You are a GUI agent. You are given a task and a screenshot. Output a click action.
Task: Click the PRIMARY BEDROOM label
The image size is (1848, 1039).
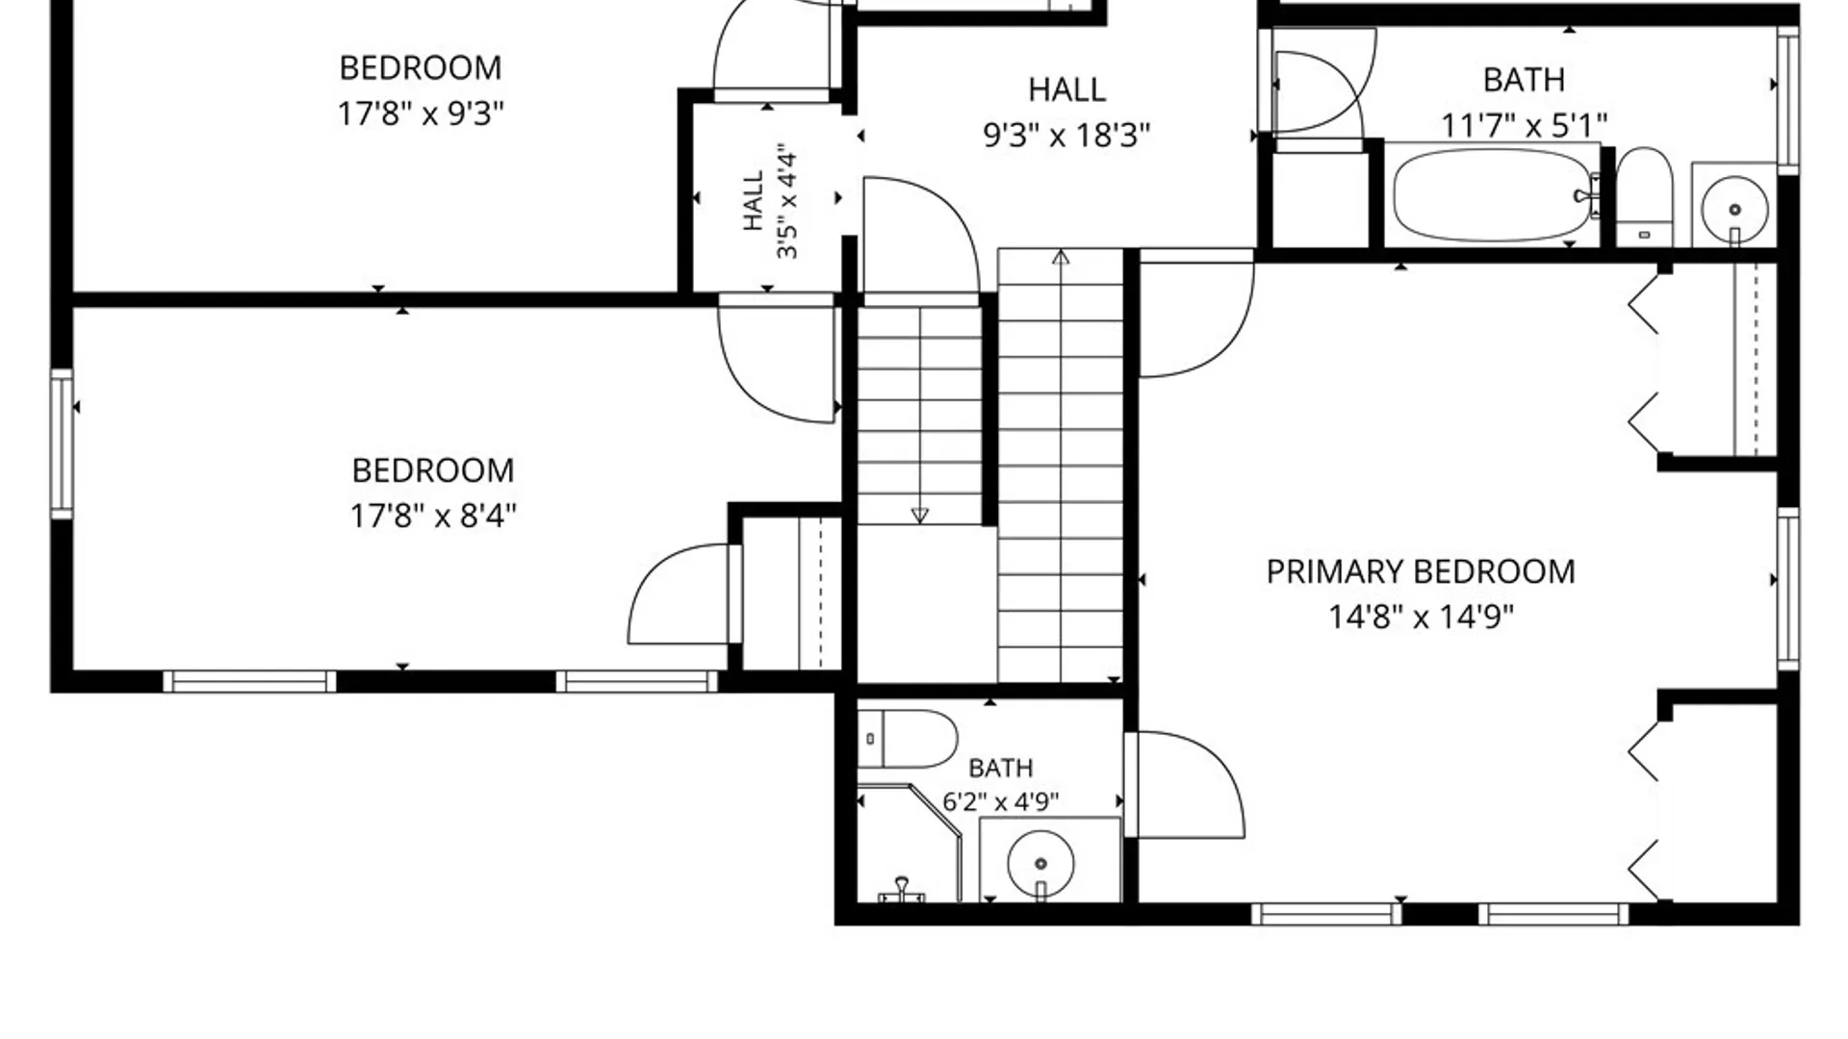[x=1421, y=571]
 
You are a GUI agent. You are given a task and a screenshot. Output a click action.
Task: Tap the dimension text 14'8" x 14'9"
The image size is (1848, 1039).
[x=1421, y=616]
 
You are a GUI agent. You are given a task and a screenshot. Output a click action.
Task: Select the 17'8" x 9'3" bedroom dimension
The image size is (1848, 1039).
[x=421, y=114]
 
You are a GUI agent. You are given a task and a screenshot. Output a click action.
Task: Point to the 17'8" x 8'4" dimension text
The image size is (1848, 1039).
[x=433, y=516]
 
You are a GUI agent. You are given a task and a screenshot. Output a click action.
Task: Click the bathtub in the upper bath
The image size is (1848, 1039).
[x=1493, y=195]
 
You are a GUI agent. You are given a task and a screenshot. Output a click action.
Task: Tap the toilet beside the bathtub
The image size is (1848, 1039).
[x=1644, y=196]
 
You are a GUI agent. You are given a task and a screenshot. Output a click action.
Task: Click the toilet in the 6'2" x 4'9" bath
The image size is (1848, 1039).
[x=907, y=739]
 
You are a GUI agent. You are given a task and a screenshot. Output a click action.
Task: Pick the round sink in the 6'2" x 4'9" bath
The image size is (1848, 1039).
[x=1040, y=862]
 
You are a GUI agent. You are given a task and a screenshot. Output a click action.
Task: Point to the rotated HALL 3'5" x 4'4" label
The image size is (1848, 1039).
[x=770, y=202]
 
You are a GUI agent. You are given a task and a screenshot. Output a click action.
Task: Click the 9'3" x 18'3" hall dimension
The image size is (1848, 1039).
[x=1066, y=135]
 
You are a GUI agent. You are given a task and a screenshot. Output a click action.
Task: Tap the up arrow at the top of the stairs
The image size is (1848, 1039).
[x=1061, y=257]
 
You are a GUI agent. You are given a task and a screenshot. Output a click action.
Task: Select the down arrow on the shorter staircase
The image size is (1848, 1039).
[x=919, y=516]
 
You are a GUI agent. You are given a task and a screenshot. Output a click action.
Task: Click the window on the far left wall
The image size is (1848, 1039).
[x=62, y=444]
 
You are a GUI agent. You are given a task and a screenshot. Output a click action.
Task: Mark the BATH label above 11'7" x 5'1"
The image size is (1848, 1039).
[x=1524, y=80]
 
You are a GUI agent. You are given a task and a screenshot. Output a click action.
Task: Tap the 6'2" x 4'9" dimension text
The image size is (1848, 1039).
[x=1001, y=801]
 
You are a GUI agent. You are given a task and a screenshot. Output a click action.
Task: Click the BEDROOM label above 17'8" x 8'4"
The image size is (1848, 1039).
[x=433, y=470]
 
